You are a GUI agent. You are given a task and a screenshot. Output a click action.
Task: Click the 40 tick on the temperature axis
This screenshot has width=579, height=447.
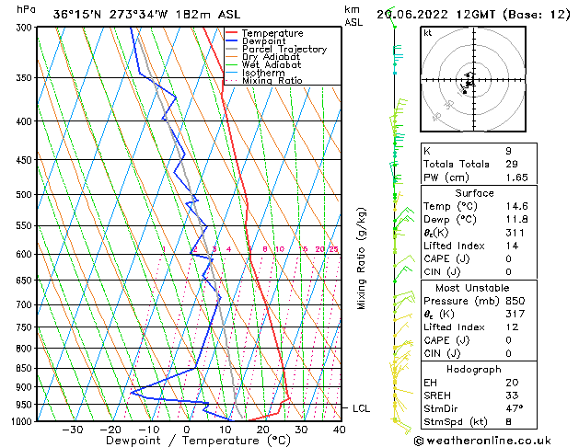(340, 430)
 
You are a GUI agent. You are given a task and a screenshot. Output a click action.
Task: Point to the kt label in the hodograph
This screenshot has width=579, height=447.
(428, 33)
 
